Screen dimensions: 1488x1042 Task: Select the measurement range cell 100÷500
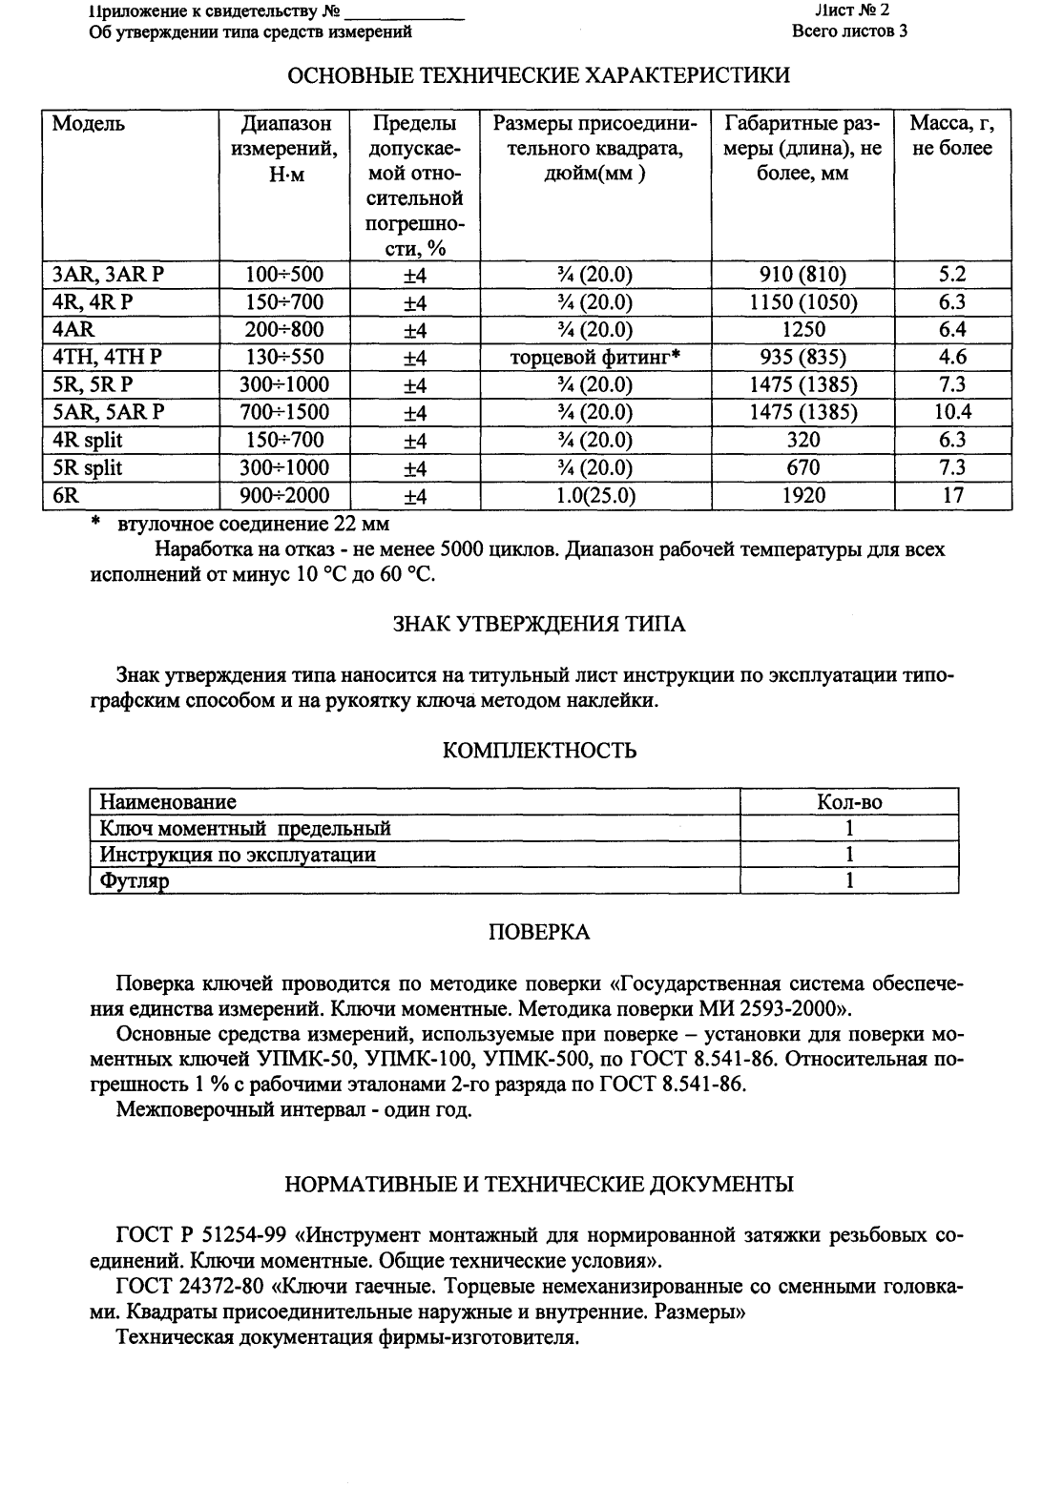tap(284, 276)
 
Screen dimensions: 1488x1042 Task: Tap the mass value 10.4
tap(951, 413)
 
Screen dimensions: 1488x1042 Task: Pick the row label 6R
tap(67, 495)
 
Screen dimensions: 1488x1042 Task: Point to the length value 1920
tap(802, 495)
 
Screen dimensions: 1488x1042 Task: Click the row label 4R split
tap(88, 441)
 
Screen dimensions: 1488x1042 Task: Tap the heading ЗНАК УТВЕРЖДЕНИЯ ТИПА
tap(539, 625)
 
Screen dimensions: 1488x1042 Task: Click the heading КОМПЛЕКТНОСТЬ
tap(540, 752)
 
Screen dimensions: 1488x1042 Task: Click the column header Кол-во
tap(849, 802)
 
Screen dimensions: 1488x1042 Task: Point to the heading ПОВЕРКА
tap(539, 933)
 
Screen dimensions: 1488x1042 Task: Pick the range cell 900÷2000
tap(284, 495)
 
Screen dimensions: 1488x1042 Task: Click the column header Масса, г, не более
tap(951, 135)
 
